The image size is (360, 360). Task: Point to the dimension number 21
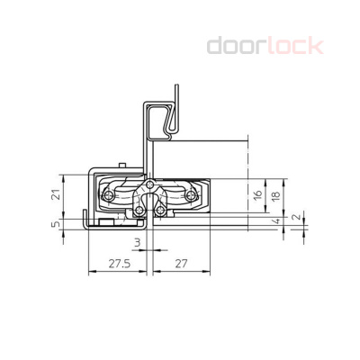(x=56, y=195)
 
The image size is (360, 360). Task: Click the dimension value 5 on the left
(x=56, y=225)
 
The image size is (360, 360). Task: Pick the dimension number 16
(x=257, y=195)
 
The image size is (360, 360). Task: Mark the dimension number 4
(x=277, y=220)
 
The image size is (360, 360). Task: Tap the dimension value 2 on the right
(x=298, y=217)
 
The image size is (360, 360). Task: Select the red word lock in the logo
(x=294, y=45)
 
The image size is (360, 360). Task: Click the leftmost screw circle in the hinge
(x=109, y=195)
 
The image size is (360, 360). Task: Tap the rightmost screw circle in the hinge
(x=194, y=194)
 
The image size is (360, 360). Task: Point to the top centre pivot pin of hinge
(x=151, y=190)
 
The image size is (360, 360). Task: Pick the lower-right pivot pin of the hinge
(x=161, y=210)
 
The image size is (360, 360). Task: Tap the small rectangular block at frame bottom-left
(x=106, y=221)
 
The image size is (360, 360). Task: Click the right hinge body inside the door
(x=193, y=195)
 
